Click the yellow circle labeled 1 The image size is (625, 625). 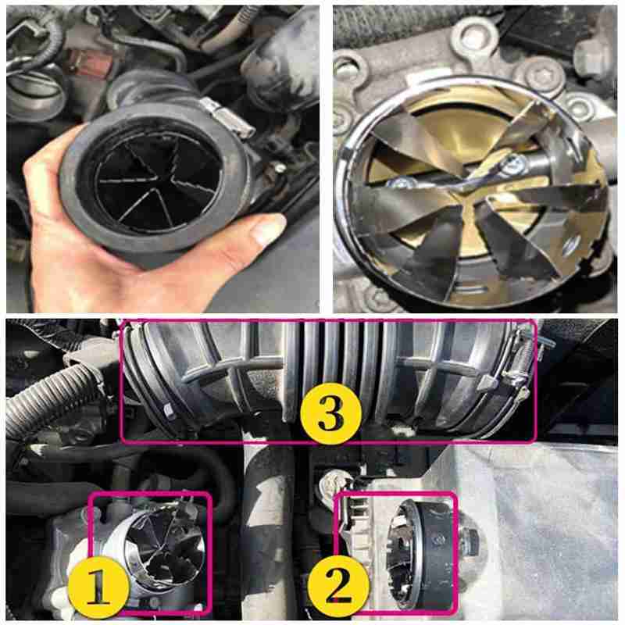coord(99,587)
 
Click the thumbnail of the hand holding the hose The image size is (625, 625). coord(164,159)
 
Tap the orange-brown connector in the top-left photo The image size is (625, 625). coord(79,58)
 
